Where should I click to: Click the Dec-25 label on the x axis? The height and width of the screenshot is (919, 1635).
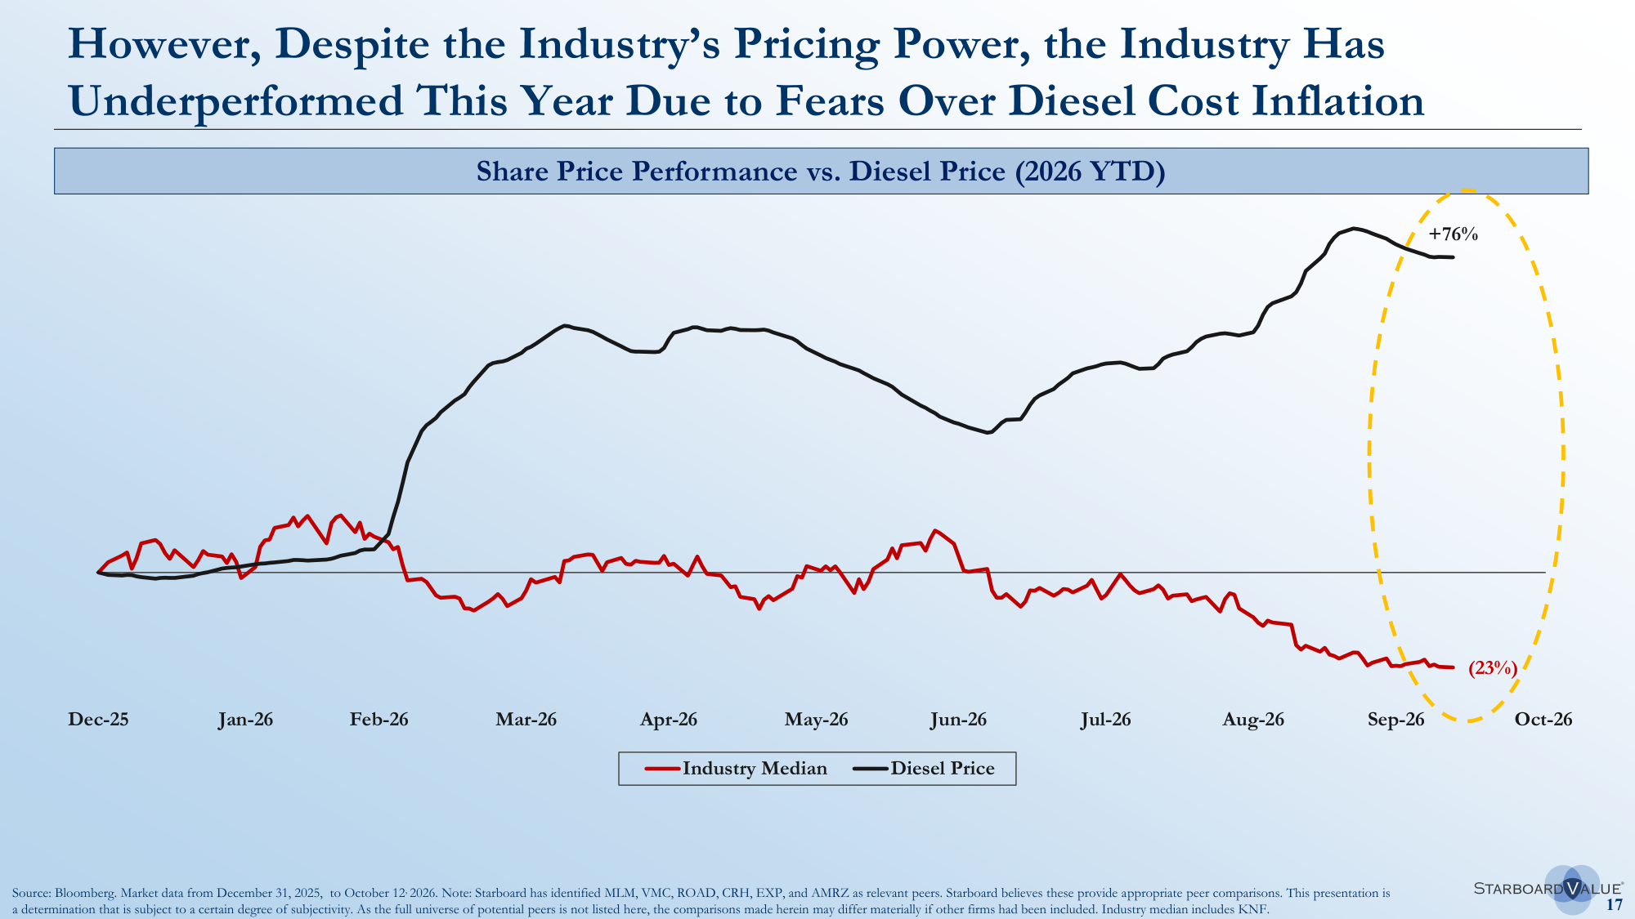click(98, 720)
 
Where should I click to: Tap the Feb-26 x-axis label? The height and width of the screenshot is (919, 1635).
click(379, 720)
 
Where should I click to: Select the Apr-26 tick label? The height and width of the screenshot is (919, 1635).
click(669, 720)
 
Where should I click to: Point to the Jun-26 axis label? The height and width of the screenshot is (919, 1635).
click(958, 720)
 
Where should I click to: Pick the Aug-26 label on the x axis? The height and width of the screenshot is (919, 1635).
click(1253, 720)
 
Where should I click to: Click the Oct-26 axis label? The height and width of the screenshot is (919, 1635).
click(1543, 720)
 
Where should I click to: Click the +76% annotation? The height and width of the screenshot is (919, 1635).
click(1454, 234)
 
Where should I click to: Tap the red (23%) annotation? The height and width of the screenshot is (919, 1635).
click(1493, 668)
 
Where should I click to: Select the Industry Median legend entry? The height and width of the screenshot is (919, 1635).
click(736, 769)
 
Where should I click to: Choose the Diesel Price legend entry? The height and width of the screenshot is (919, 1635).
click(924, 769)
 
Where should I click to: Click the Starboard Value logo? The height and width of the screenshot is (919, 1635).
click(1548, 889)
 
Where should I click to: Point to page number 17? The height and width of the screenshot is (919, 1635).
click(1615, 905)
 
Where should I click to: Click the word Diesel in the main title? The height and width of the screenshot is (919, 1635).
click(1072, 101)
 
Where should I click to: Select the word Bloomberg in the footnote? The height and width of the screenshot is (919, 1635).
click(85, 894)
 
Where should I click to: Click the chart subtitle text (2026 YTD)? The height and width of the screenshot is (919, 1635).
click(1090, 172)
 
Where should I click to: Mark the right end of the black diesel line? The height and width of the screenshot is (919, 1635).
click(1453, 257)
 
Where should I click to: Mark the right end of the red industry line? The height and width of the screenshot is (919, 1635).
click(1453, 668)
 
